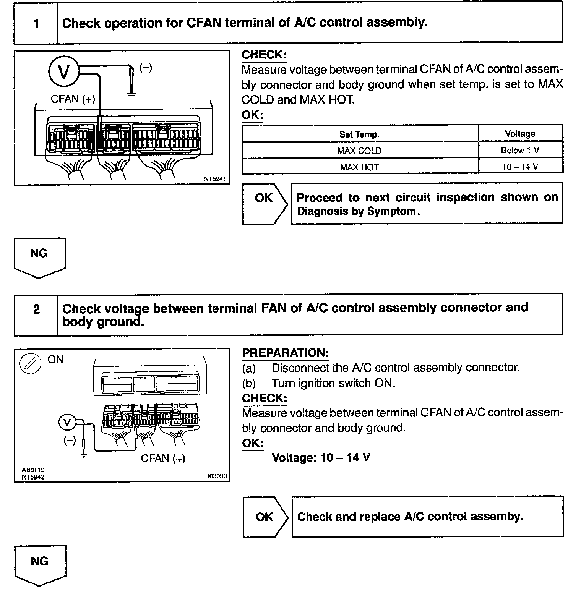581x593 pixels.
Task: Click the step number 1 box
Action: (36, 23)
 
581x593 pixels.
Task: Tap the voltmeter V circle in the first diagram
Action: (63, 71)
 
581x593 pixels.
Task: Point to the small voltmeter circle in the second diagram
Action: (68, 423)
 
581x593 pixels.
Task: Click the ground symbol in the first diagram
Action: (131, 95)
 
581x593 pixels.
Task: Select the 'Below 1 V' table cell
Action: (520, 150)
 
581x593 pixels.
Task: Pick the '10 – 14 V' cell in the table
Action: (520, 167)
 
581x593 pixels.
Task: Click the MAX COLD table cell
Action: (359, 151)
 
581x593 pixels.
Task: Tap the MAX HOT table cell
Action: (359, 167)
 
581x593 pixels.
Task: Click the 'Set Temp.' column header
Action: (359, 134)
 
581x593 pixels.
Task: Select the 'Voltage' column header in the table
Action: (520, 134)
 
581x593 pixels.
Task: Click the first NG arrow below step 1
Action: (39, 257)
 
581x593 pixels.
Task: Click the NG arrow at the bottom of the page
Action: (40, 565)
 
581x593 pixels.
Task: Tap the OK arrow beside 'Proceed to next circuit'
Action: (265, 203)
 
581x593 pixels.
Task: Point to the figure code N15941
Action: (215, 179)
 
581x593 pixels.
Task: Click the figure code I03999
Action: (217, 476)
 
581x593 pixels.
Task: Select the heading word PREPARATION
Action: (285, 353)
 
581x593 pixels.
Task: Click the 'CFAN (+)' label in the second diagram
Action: (163, 458)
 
